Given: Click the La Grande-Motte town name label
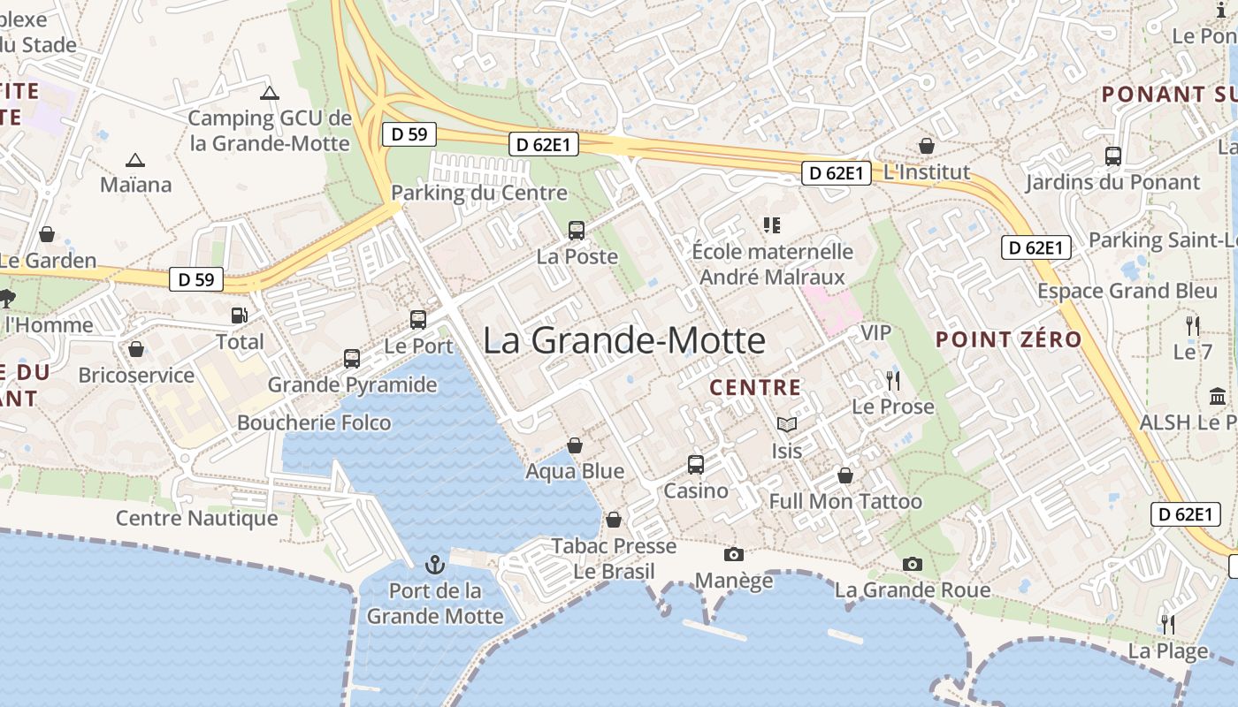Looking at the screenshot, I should click(624, 341).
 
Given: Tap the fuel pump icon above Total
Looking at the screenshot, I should click(239, 315).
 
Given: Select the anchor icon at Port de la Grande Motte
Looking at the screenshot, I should click(434, 564).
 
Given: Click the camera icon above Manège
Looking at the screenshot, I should click(733, 554).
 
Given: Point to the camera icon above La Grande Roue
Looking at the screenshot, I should click(913, 564).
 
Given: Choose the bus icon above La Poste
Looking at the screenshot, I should click(577, 231).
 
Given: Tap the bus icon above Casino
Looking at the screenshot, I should click(696, 464).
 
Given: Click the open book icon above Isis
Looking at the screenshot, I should click(786, 425).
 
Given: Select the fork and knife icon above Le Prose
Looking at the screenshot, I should click(892, 381).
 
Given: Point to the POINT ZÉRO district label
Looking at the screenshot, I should click(1008, 339).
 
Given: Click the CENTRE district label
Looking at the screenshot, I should click(755, 387).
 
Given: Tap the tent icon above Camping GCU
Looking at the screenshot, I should click(270, 93).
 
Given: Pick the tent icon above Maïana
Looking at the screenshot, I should click(134, 160).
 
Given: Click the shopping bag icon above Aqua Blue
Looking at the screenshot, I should click(575, 445).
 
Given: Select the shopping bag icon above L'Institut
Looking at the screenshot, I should click(927, 146).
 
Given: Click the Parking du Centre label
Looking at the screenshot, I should click(479, 193).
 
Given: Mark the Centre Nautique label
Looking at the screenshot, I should click(197, 518).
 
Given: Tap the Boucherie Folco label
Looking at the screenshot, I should click(314, 422).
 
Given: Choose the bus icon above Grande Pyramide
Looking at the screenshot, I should click(352, 359).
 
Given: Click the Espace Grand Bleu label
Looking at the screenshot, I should click(1127, 291).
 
